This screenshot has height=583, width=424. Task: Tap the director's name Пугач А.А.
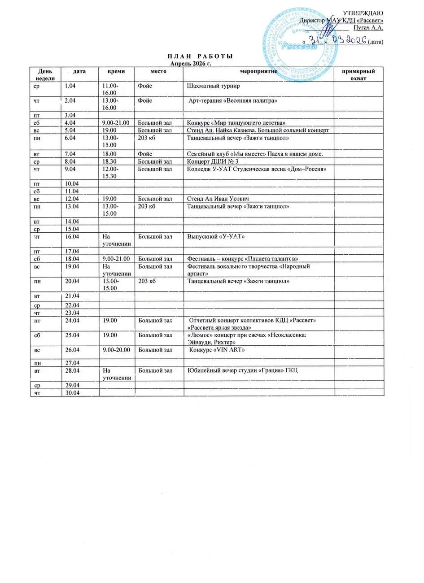pyautogui.click(x=368, y=28)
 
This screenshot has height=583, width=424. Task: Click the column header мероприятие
pyautogui.click(x=259, y=71)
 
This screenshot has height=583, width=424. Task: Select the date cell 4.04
pyautogui.click(x=70, y=122)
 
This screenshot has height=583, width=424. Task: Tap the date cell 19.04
pyautogui.click(x=72, y=266)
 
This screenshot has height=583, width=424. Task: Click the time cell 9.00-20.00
pyautogui.click(x=116, y=348)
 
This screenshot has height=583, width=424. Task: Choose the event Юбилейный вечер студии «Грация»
pyautogui.click(x=242, y=370)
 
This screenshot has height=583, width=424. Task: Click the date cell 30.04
pyautogui.click(x=72, y=393)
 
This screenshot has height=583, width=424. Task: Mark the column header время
pyautogui.click(x=116, y=71)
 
